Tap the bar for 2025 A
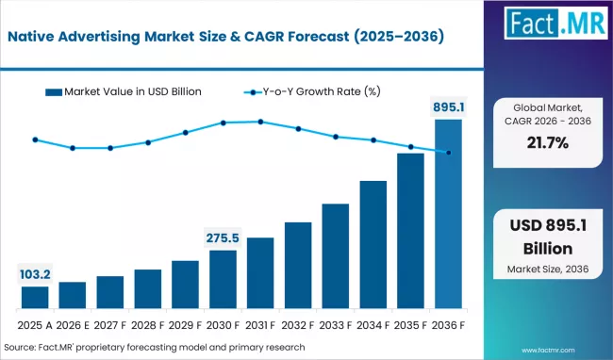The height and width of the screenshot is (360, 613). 35,298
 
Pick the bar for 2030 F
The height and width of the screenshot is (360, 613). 223,280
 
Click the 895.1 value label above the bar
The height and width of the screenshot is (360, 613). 448,106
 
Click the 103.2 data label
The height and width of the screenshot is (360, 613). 35,274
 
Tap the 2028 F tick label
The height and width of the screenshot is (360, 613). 148,325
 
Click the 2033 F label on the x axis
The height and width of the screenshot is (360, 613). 336,325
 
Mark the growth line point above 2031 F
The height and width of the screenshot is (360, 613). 260,122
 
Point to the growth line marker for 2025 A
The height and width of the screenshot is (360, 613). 35,139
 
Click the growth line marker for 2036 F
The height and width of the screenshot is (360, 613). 448,153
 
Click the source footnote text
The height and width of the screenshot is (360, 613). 156,348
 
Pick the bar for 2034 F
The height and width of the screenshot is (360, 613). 373,245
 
